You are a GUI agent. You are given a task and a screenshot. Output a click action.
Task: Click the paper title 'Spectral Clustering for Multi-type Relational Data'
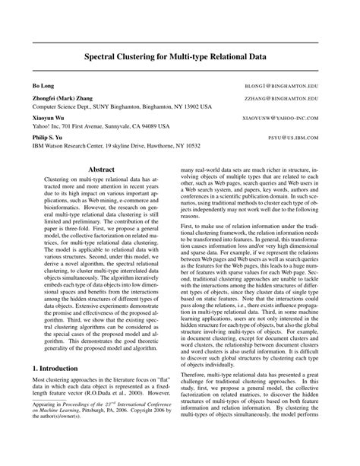pyautogui.click(x=179, y=56)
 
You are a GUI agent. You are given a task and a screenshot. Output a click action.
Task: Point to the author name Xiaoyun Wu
pyautogui.click(x=48, y=119)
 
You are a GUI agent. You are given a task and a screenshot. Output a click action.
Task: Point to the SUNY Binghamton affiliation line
pyautogui.click(x=122, y=108)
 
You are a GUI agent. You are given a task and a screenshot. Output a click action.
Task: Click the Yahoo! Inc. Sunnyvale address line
pyautogui.click(x=106, y=127)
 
